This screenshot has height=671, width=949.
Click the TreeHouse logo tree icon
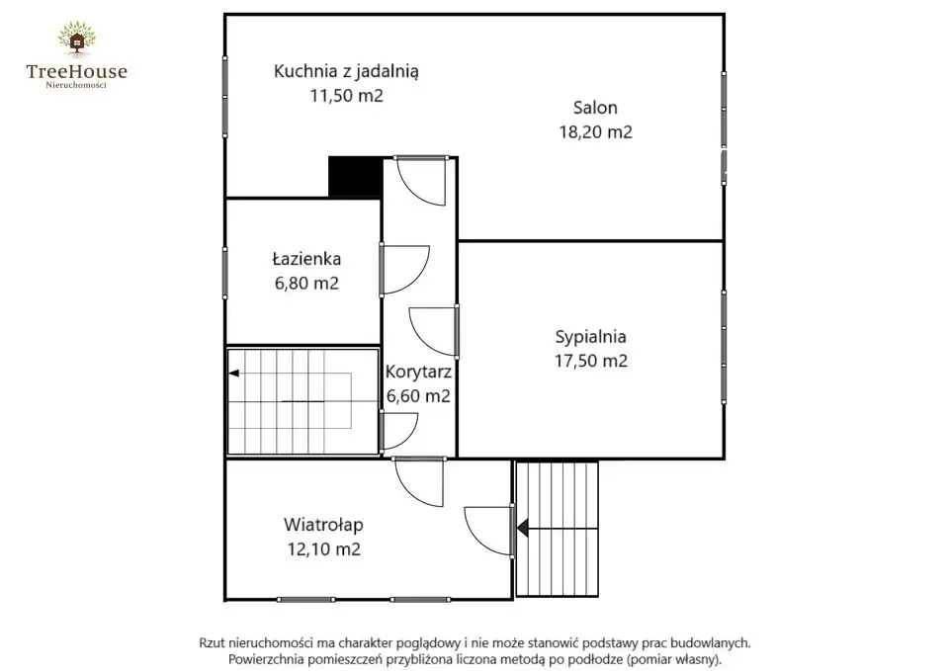pyautogui.click(x=77, y=41)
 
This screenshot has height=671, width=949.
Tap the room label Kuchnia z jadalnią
pyautogui.click(x=346, y=71)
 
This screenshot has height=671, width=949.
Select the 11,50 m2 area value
pyautogui.click(x=347, y=96)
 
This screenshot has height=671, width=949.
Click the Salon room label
pyautogui.click(x=595, y=108)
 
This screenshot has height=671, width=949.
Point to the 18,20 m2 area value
pyautogui.click(x=595, y=131)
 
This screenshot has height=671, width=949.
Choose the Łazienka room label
pyautogui.click(x=306, y=259)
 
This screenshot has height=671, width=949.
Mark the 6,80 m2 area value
pyautogui.click(x=306, y=284)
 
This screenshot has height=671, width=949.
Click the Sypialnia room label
pyautogui.click(x=591, y=337)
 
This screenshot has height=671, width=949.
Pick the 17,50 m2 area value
pyautogui.click(x=591, y=362)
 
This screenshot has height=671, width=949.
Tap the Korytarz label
pyautogui.click(x=418, y=372)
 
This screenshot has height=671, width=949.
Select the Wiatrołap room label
pyautogui.click(x=324, y=525)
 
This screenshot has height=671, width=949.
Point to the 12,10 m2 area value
pyautogui.click(x=324, y=549)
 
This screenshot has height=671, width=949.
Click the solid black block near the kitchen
pyautogui.click(x=355, y=177)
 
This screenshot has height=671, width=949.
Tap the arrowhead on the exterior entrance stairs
pyautogui.click(x=522, y=529)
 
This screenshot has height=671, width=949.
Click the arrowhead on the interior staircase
pyautogui.click(x=233, y=374)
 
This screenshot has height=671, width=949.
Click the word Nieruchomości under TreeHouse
pyautogui.click(x=76, y=85)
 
